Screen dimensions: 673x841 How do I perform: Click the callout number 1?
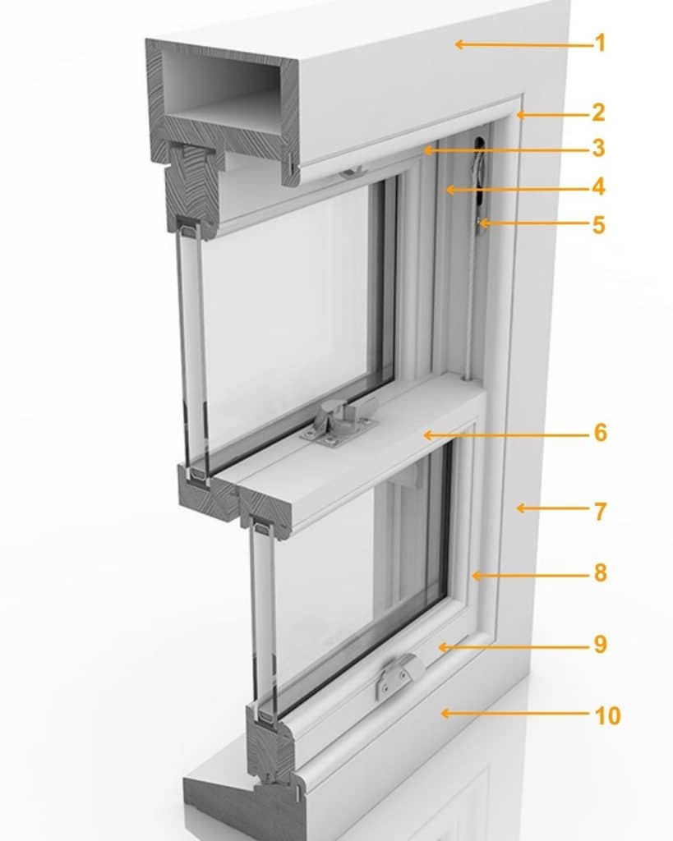tap(601, 43)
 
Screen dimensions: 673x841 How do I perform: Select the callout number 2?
tap(598, 112)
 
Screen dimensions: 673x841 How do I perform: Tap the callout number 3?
tap(598, 148)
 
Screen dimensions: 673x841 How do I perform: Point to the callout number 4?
tap(598, 186)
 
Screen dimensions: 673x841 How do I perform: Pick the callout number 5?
tap(598, 225)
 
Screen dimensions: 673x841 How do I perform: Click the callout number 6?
tap(601, 432)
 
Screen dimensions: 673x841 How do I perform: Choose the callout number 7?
tap(601, 511)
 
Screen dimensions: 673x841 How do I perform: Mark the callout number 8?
tap(601, 572)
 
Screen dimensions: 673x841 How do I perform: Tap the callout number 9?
tap(601, 644)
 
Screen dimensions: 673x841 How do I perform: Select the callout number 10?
tap(607, 715)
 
